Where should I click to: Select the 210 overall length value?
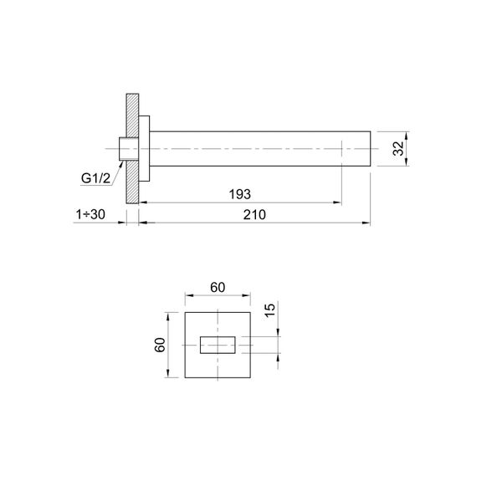click(x=255, y=214)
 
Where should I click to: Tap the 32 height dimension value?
click(x=398, y=150)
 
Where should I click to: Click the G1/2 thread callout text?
click(x=96, y=178)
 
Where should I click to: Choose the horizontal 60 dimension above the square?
click(x=218, y=288)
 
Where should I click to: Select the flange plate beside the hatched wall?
click(x=145, y=149)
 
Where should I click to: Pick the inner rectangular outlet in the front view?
click(x=218, y=346)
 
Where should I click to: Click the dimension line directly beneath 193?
click(x=239, y=202)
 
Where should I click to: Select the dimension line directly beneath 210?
click(x=255, y=223)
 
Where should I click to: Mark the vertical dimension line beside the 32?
click(x=408, y=150)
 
